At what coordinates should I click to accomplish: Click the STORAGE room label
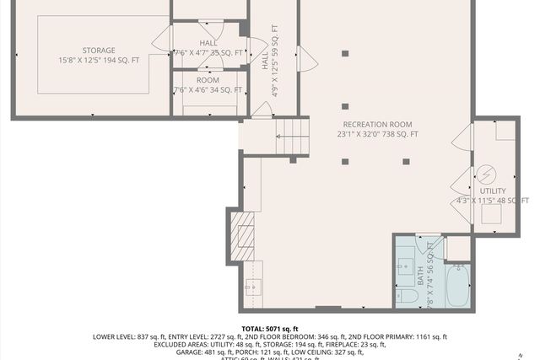tap(99, 51)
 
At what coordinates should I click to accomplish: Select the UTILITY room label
tap(493, 191)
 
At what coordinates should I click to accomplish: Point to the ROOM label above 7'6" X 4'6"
tap(208, 80)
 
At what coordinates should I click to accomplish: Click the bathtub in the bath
tap(459, 285)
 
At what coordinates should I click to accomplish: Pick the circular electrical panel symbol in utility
tap(486, 175)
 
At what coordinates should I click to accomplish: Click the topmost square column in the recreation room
tap(344, 54)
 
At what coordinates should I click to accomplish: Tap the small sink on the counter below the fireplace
tap(251, 287)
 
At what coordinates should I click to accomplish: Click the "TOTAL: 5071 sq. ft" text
tap(270, 329)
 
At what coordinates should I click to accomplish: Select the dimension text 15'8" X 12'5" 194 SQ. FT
tap(99, 61)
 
